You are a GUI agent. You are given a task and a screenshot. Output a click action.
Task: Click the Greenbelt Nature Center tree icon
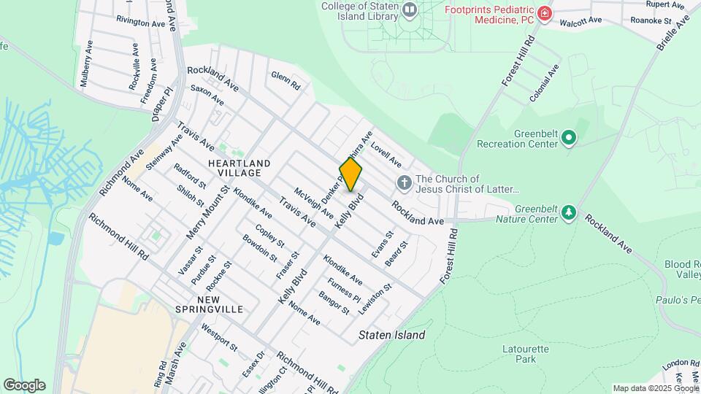tap(568, 212)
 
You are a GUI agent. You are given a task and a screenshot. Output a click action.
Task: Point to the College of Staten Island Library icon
tap(409, 10)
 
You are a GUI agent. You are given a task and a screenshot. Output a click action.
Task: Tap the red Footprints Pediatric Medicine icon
tap(544, 13)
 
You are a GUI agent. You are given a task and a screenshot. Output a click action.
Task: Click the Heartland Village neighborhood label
tap(239, 168)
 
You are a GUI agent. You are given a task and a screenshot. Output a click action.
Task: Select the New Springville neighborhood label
tap(209, 304)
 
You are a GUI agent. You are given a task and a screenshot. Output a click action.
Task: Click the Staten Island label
tap(392, 336)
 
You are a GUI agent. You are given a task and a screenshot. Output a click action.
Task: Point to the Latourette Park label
tap(525, 354)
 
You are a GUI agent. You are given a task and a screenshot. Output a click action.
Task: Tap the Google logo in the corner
tap(24, 385)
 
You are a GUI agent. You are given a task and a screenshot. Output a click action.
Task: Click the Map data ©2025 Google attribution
tap(656, 388)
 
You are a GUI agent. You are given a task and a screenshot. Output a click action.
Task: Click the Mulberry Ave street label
tap(86, 63)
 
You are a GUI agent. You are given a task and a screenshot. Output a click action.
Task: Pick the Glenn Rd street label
tap(286, 80)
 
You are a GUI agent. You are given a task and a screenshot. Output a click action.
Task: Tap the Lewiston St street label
tap(375, 298)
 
